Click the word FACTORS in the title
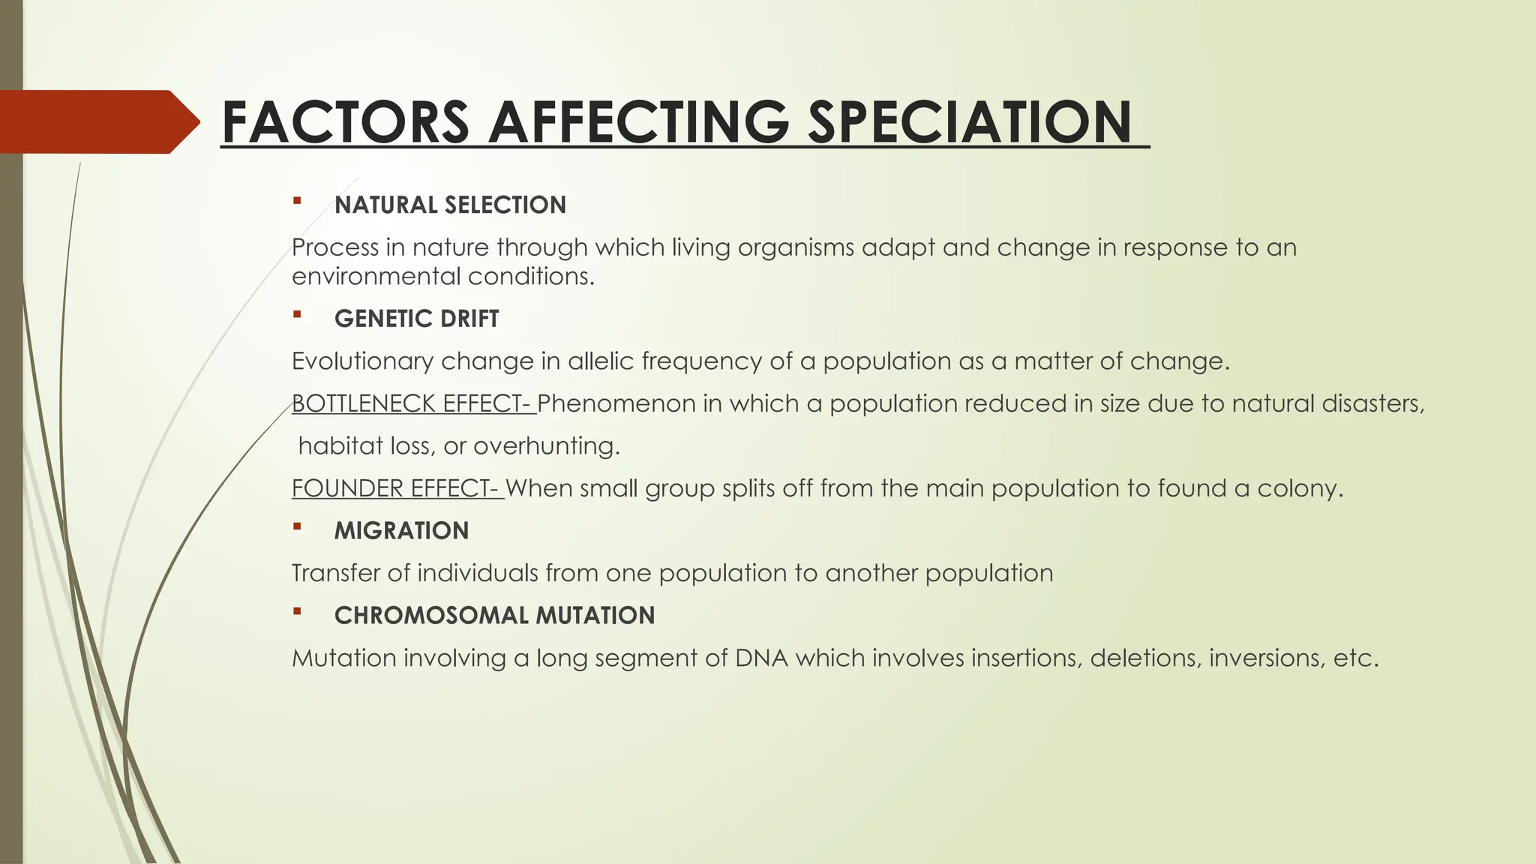click(346, 122)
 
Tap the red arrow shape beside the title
click(97, 122)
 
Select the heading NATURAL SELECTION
click(450, 205)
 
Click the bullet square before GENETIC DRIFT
click(297, 315)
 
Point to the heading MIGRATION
click(401, 531)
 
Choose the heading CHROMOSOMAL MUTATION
click(494, 616)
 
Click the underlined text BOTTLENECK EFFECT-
click(412, 403)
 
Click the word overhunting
click(547, 446)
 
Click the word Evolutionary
click(362, 361)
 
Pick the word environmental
click(376, 277)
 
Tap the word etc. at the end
click(1356, 658)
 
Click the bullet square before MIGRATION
click(297, 527)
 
